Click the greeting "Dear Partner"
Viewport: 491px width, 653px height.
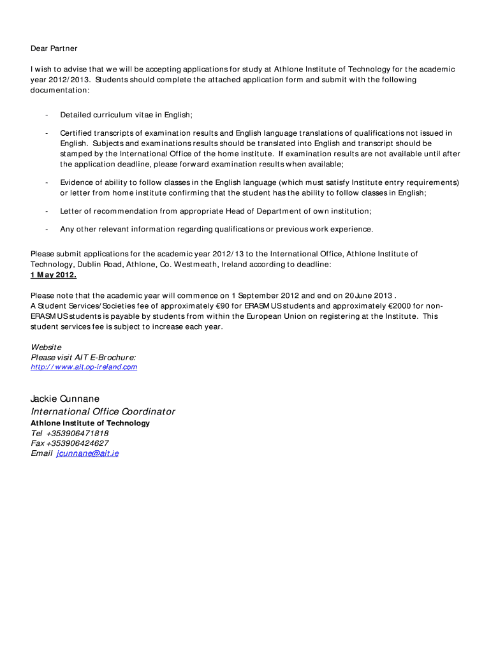[x=54, y=48]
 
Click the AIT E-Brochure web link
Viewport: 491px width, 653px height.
[x=84, y=367]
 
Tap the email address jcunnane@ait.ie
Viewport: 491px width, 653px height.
[x=87, y=453]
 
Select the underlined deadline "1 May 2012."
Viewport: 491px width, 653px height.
[x=54, y=275]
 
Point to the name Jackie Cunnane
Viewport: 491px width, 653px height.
[x=65, y=399]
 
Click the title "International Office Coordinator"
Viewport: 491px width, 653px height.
[x=103, y=411]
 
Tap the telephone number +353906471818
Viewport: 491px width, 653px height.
[x=77, y=433]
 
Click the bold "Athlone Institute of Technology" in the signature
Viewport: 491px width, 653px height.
[x=90, y=423]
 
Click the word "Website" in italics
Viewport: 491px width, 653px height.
[x=46, y=348]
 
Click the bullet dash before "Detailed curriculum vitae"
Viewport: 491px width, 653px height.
[x=47, y=115]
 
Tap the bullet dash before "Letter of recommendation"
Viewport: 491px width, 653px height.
[x=47, y=211]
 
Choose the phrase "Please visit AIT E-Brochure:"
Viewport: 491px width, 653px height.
[x=83, y=358]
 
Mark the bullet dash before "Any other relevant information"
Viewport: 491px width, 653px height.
[x=47, y=229]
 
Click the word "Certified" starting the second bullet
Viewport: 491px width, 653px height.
[x=76, y=133]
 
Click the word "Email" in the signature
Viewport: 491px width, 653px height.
[x=41, y=453]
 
